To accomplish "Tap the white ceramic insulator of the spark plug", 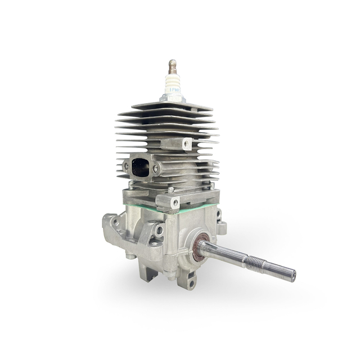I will [173, 83].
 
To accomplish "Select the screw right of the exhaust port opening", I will [156, 168].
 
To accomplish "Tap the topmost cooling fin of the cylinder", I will [174, 106].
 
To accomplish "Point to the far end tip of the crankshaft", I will [292, 275].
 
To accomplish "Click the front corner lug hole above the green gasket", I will [175, 202].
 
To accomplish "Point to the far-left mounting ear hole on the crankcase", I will [115, 222].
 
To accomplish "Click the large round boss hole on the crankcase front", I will [159, 230].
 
